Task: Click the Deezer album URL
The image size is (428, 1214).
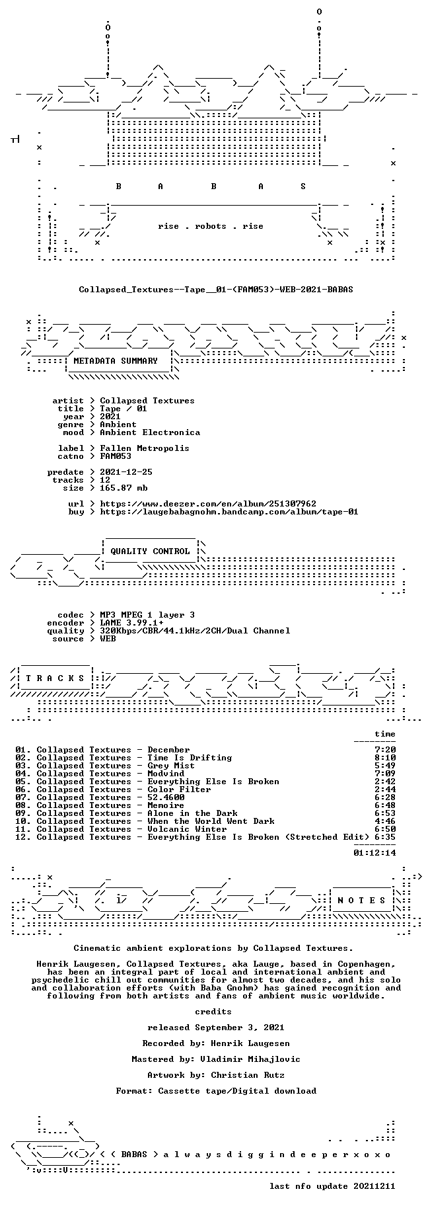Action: pos(208,504)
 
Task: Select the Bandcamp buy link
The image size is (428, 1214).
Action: pos(229,512)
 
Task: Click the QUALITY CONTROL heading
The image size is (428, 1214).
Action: pos(150,551)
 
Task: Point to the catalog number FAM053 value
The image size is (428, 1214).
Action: pos(116,456)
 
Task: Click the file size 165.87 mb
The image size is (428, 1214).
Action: pos(124,488)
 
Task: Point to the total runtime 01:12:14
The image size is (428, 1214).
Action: pos(374,853)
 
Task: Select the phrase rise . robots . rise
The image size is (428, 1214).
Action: pos(211,226)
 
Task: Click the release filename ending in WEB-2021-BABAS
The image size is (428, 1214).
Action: pos(216,290)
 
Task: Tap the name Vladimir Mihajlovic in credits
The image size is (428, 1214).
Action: pos(253,1059)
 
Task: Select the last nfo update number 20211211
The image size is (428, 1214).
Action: pos(374,1186)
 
